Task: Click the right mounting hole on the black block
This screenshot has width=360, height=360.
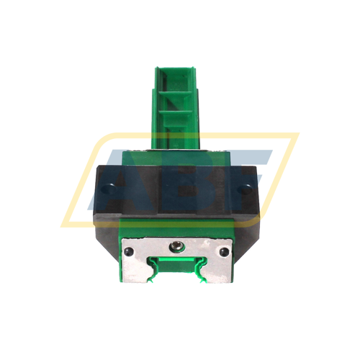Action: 253,189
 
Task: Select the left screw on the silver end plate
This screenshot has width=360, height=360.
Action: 129,251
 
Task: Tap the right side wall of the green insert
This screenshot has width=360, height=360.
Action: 197,108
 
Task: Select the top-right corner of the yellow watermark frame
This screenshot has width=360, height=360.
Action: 295,135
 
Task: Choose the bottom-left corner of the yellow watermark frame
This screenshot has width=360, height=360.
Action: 66,224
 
